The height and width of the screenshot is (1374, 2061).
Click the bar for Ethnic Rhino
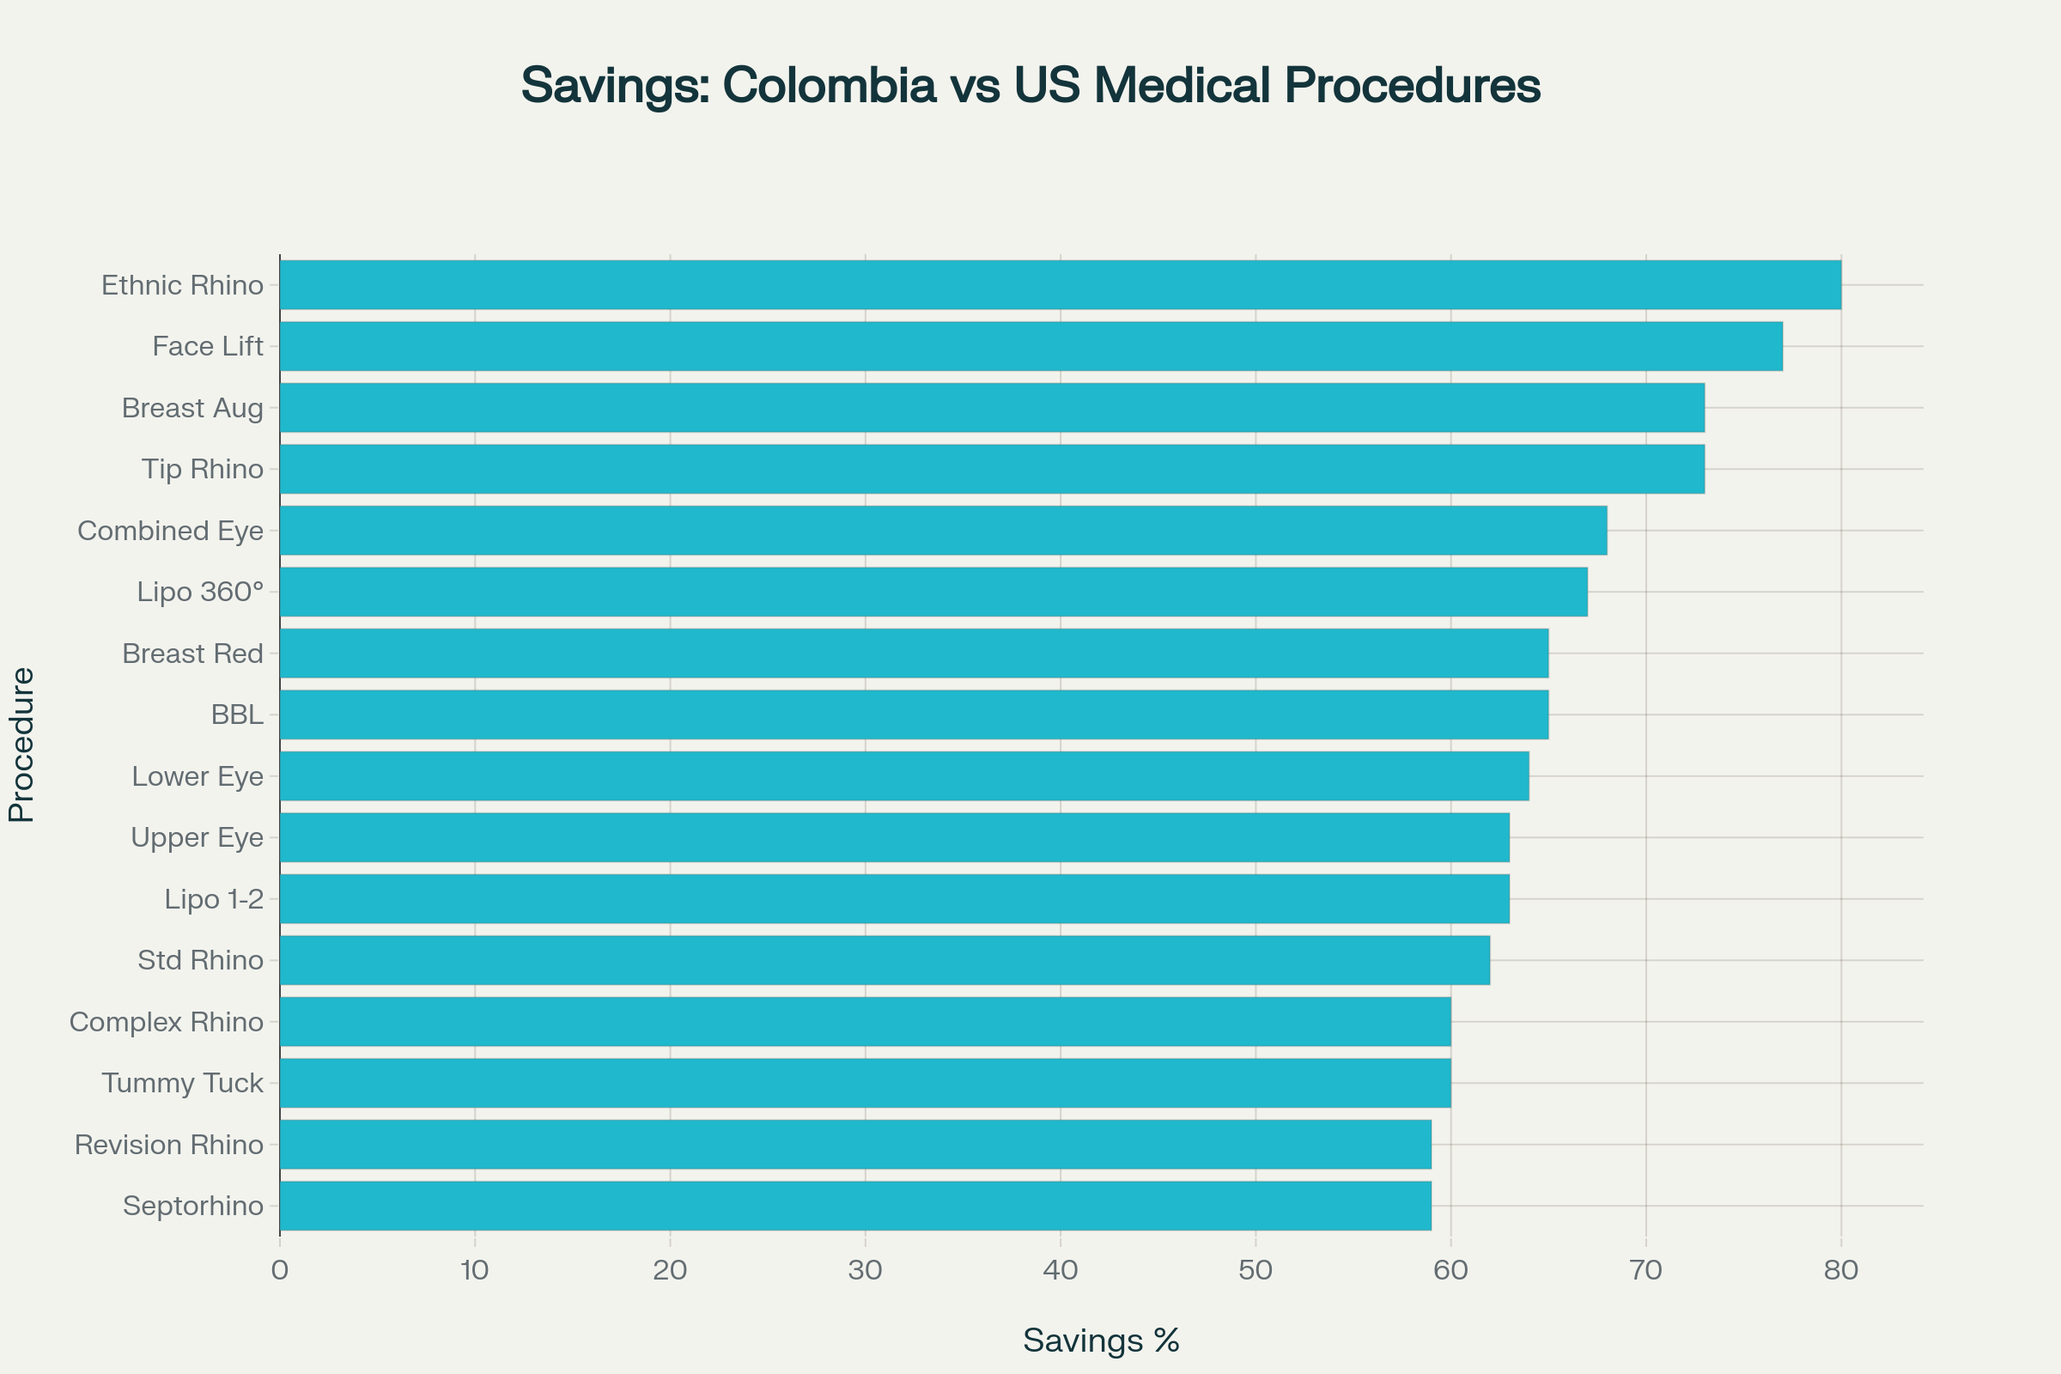pos(1061,285)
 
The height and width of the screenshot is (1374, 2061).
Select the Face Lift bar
pos(1030,346)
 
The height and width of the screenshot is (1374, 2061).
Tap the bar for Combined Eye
pos(943,530)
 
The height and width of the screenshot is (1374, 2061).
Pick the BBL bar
pos(914,714)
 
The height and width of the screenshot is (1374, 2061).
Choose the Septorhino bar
pos(855,1206)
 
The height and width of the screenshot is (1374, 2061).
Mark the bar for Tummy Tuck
pos(865,1083)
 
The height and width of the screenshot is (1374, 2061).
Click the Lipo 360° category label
pos(200,593)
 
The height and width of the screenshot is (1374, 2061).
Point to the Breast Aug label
pos(192,409)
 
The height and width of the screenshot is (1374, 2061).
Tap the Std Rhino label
pos(200,960)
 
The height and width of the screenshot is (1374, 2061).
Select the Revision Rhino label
pos(168,1145)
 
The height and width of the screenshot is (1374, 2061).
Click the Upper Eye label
pos(197,838)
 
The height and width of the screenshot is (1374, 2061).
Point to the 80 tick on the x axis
pos(1840,1271)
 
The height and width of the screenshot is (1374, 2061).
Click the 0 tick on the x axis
pos(280,1271)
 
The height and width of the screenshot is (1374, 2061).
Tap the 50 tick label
pos(1255,1271)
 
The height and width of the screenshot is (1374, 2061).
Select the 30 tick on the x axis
pos(865,1271)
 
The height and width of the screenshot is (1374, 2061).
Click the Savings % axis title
pos(1101,1341)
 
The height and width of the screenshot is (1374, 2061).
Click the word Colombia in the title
pos(829,86)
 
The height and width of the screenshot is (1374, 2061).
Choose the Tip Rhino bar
pos(992,469)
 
